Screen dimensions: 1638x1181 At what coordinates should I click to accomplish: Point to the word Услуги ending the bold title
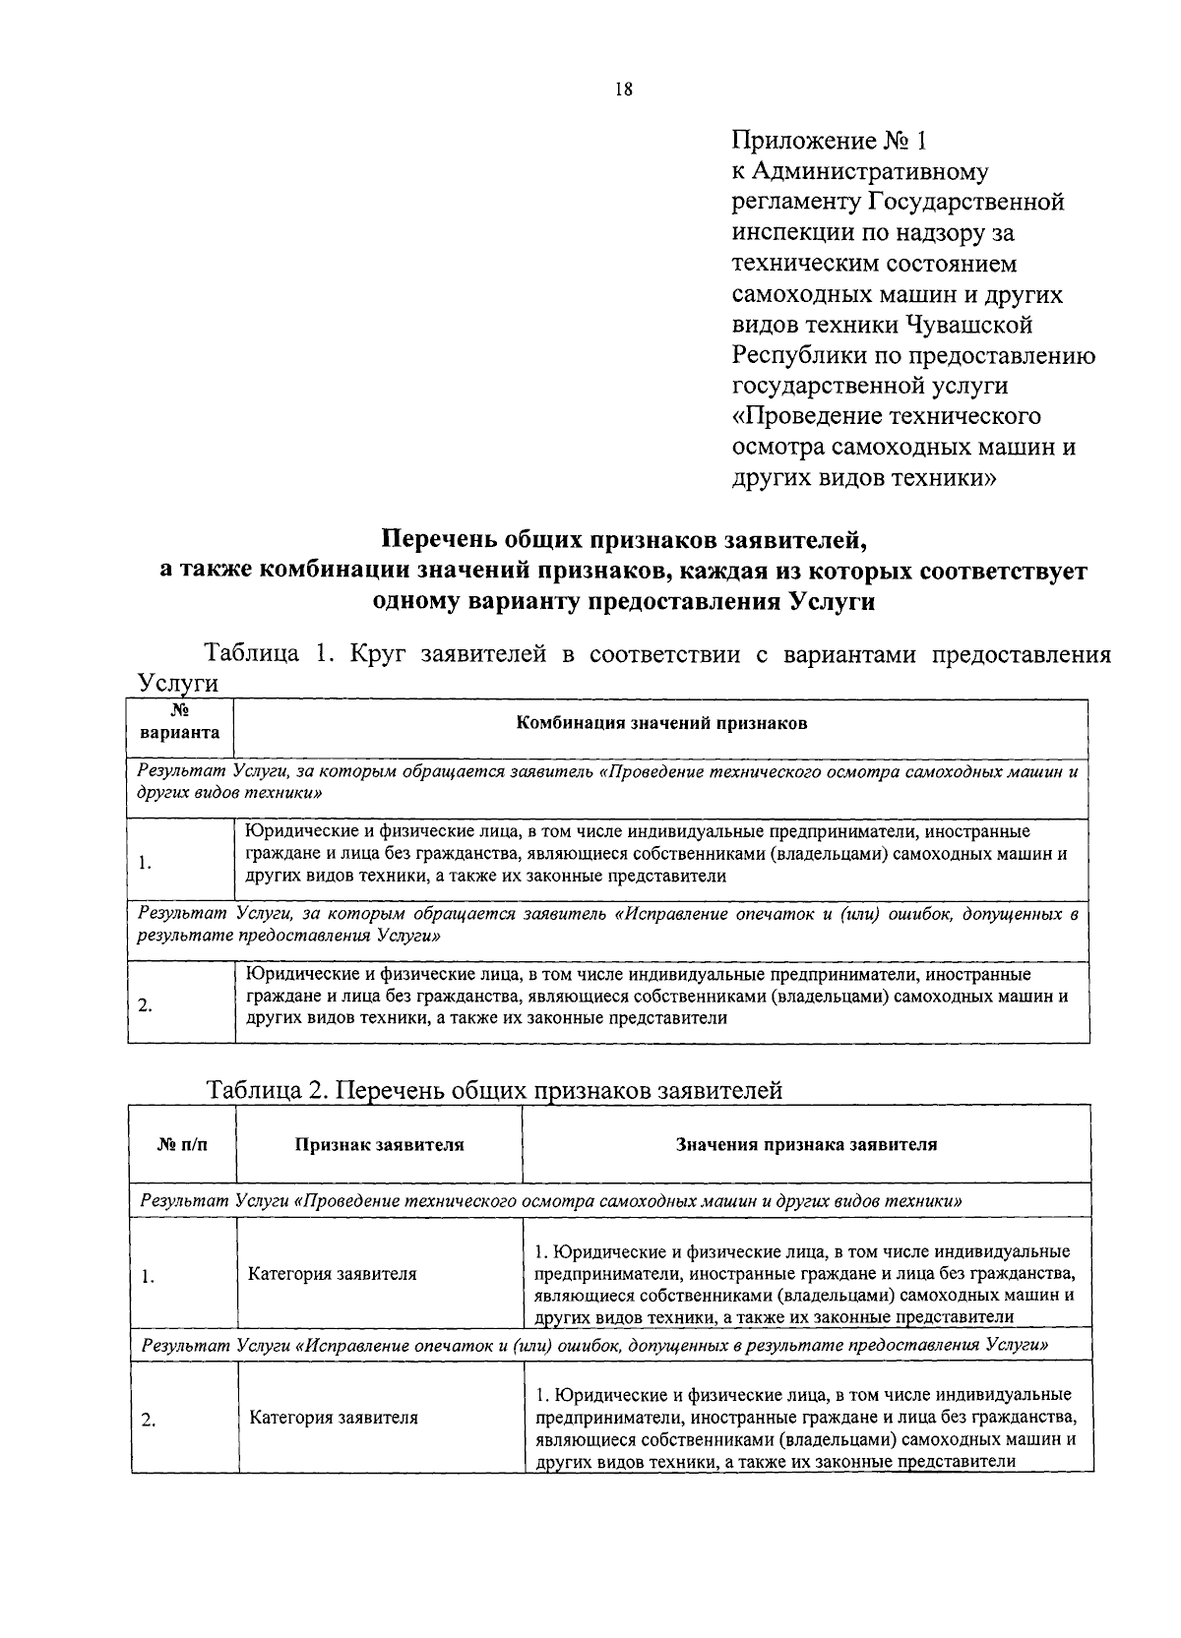click(832, 601)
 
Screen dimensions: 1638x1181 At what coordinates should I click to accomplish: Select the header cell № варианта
click(179, 722)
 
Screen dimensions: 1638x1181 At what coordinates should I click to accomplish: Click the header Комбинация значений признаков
click(661, 723)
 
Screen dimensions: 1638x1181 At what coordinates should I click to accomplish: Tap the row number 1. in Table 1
click(145, 863)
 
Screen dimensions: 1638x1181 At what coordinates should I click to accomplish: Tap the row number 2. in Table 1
click(145, 1005)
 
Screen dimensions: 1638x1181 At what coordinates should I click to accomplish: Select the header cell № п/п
click(183, 1144)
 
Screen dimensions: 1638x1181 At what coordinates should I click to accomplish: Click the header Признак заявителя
click(379, 1144)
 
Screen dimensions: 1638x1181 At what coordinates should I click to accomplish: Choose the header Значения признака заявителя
click(806, 1144)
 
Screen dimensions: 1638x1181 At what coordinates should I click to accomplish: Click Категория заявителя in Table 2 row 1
click(333, 1274)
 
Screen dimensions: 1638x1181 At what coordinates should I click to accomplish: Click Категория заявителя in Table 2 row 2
click(333, 1418)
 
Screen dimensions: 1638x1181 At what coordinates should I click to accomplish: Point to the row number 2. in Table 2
click(148, 1420)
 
